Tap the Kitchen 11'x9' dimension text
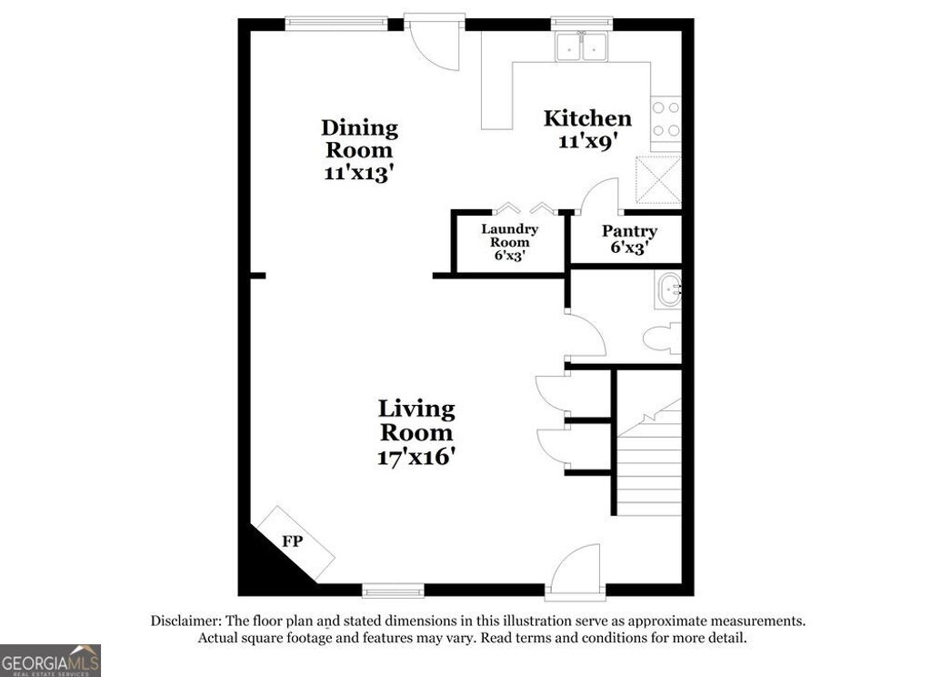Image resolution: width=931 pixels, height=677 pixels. (587, 141)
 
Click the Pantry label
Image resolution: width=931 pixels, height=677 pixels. (629, 231)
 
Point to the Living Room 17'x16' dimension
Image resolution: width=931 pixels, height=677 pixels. (416, 457)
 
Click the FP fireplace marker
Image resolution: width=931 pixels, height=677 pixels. (292, 541)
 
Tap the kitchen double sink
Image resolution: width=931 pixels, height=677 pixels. (583, 45)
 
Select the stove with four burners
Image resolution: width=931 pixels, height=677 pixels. (666, 119)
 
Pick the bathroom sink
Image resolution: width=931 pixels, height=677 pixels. (668, 291)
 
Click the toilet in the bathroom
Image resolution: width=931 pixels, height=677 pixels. (662, 339)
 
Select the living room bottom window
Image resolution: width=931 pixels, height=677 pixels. (393, 591)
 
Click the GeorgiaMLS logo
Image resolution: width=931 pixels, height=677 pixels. (50, 661)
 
